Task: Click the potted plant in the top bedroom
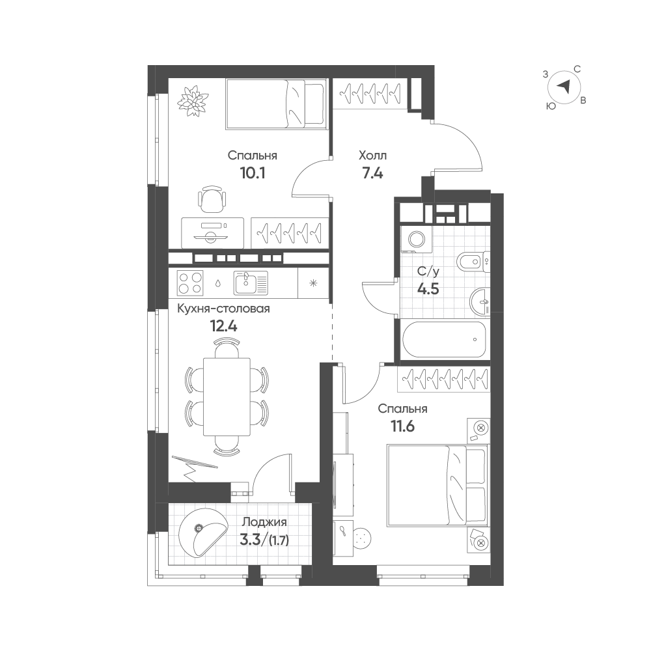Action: click(192, 102)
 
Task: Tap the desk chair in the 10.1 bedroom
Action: click(212, 199)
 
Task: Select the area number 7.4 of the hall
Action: click(372, 173)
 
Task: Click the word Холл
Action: click(373, 156)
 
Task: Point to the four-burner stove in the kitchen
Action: click(190, 283)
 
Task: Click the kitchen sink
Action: click(251, 283)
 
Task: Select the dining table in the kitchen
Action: click(227, 396)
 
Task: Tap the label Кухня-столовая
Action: click(223, 309)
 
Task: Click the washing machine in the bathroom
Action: click(416, 239)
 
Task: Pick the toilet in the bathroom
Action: click(473, 262)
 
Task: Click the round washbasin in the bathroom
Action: click(480, 299)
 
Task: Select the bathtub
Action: click(444, 339)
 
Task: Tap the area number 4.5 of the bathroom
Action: click(428, 288)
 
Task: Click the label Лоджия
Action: click(264, 521)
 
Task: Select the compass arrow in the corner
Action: click(563, 87)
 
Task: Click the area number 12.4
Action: click(224, 326)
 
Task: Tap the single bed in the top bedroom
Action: click(276, 104)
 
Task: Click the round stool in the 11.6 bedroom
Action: click(363, 538)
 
